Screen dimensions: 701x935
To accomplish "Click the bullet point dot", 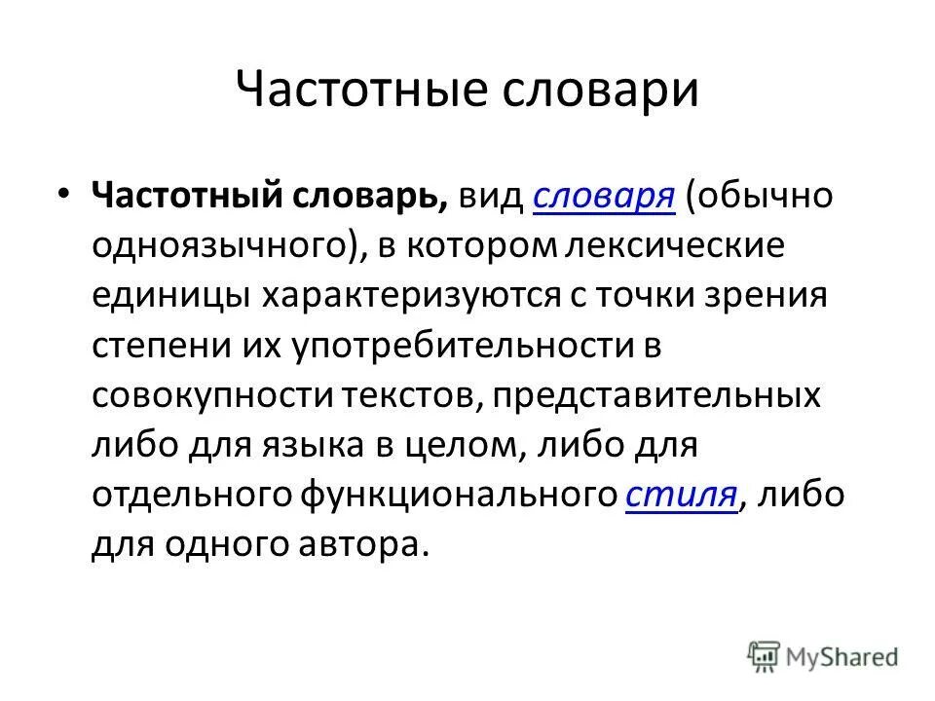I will [63, 195].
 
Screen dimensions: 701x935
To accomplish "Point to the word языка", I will [310, 445].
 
